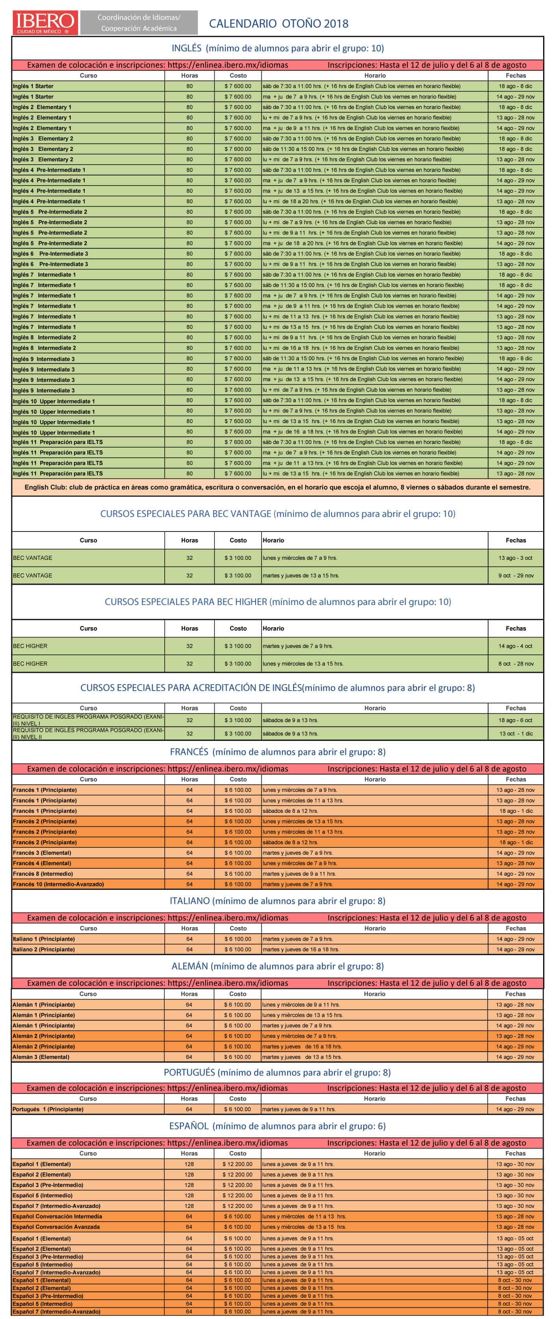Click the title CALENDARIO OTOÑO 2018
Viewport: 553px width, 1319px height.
(x=278, y=24)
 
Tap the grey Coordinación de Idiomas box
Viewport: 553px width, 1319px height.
(x=139, y=23)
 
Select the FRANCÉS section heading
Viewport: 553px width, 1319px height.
(x=278, y=752)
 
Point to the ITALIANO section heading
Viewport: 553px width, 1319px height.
(x=278, y=901)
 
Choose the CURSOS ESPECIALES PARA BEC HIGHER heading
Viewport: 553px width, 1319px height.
(x=278, y=602)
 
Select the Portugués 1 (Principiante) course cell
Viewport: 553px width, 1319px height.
(x=48, y=1109)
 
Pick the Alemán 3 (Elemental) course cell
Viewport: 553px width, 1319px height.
(x=41, y=1057)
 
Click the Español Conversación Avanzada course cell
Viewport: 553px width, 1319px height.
(x=56, y=1227)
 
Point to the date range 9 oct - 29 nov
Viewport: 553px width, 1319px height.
(x=516, y=576)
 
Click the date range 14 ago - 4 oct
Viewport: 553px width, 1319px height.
(x=515, y=646)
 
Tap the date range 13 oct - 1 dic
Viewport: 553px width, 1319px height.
(x=516, y=734)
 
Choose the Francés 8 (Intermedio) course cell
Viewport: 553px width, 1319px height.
(x=43, y=873)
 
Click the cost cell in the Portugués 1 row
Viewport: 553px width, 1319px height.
(x=238, y=1109)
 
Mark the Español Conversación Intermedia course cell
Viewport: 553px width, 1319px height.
(x=58, y=1216)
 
